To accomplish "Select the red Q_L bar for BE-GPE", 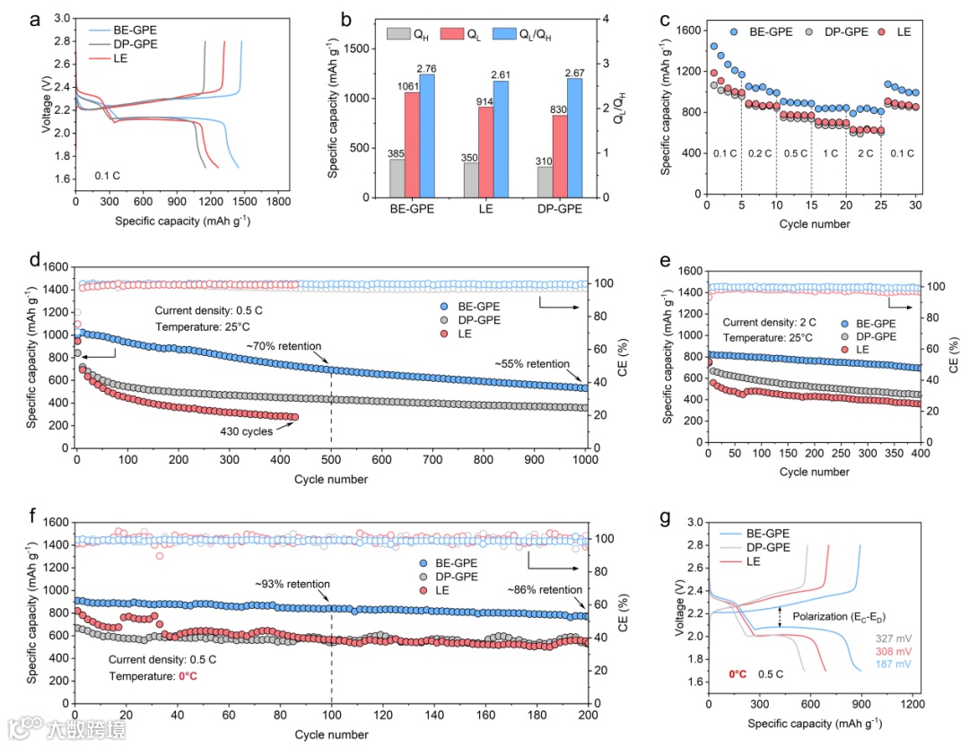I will [x=413, y=143].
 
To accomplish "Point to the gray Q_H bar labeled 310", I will [x=543, y=179].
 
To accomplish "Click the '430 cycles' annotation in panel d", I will [x=247, y=431].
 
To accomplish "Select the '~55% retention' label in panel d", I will [x=533, y=364].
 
